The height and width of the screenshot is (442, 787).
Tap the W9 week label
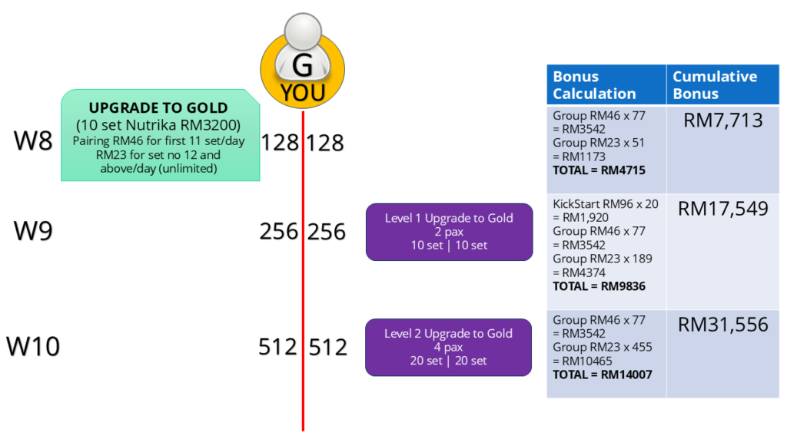click(33, 231)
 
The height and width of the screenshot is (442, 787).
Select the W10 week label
click(33, 346)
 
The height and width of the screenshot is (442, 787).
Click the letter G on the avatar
click(303, 67)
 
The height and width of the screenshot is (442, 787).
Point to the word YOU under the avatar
click(303, 94)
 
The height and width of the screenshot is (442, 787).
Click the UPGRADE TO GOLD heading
click(158, 108)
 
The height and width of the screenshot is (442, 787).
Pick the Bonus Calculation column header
click(594, 85)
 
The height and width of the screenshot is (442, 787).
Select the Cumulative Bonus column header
click(715, 85)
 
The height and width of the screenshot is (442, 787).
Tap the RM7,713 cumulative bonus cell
click(722, 120)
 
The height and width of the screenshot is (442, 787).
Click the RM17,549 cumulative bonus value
click(722, 209)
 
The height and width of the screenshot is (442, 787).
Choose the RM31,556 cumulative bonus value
click(722, 325)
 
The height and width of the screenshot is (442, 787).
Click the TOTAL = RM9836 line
click(599, 286)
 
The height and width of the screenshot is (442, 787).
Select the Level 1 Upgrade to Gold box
click(449, 232)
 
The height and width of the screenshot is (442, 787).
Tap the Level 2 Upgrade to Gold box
click(449, 347)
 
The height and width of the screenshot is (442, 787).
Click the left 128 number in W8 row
click(280, 143)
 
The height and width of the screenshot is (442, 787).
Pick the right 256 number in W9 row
click(327, 232)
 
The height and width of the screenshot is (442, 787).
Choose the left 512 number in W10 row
click(277, 347)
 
